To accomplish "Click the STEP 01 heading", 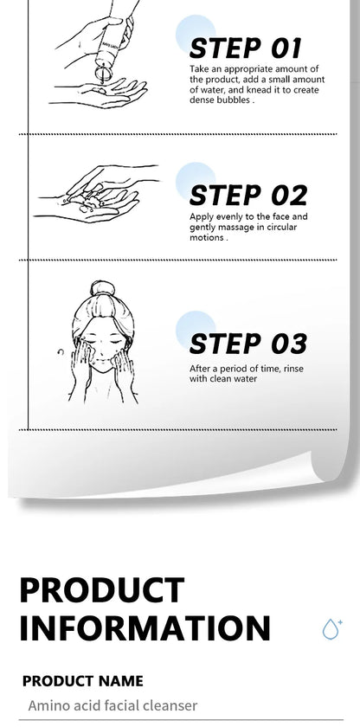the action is pos(246,48).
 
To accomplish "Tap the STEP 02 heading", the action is pos(248,196).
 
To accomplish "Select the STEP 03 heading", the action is pos(248,344).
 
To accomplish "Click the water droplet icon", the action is pos(332,628).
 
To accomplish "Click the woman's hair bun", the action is pos(102,288).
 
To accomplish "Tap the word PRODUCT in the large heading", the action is pos(102,589).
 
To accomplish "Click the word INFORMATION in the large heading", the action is pos(145,627).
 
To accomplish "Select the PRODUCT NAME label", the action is pos(83,680).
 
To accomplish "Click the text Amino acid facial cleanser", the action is pos(112,705).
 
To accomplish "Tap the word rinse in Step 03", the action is pos(293,369).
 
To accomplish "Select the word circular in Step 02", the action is pos(280,227).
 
